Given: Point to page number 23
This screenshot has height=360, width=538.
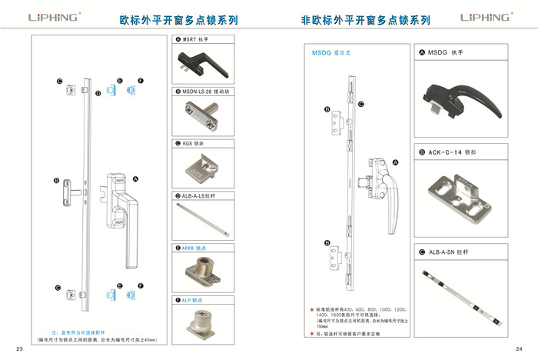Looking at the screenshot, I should [20, 348].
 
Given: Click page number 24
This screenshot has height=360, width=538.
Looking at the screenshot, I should [519, 348].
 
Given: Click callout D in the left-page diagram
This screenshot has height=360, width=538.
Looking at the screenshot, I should [98, 93].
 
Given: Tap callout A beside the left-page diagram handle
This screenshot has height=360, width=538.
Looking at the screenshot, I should [135, 178].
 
